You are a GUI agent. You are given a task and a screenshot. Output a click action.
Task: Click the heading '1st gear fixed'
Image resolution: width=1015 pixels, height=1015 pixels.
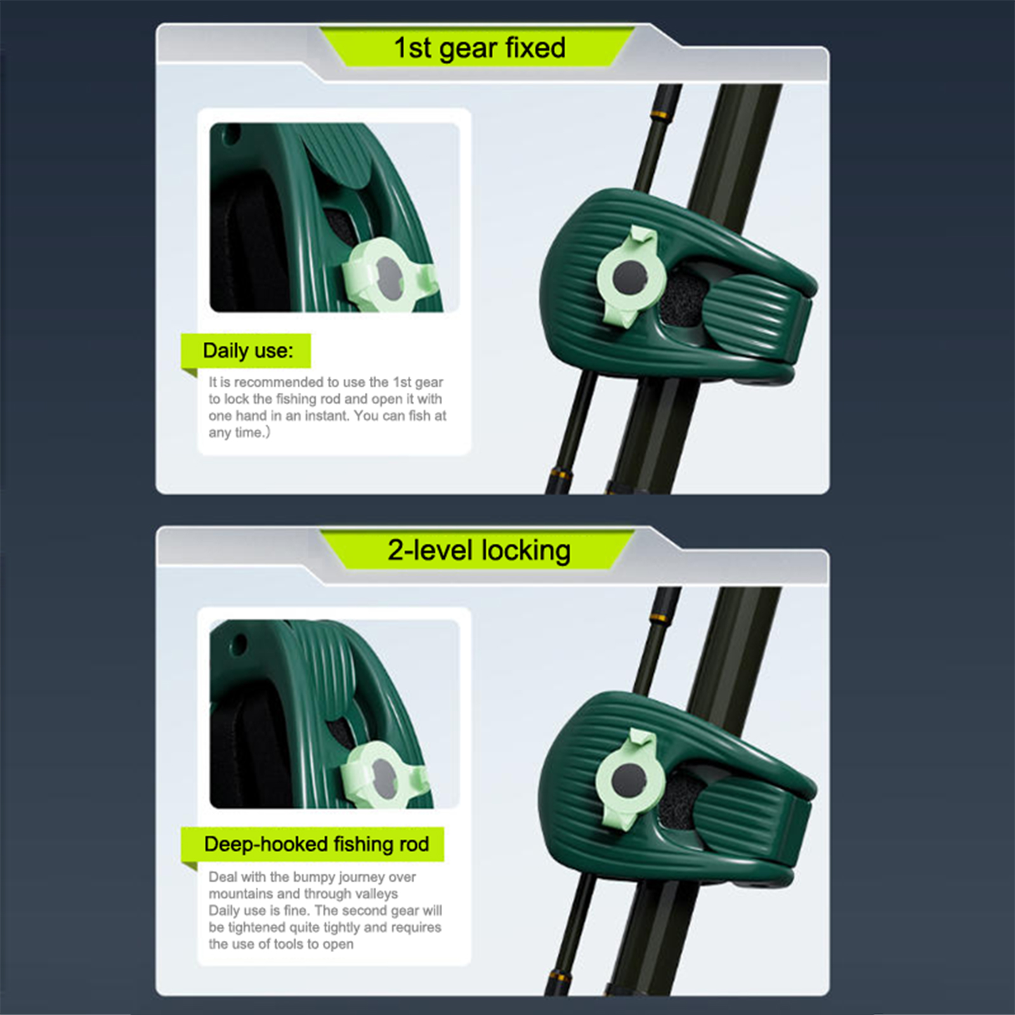[480, 48]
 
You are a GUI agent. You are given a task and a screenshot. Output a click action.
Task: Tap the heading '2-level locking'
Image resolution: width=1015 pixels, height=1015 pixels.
[479, 551]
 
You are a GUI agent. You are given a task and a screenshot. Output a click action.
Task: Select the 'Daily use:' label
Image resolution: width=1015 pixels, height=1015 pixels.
[248, 351]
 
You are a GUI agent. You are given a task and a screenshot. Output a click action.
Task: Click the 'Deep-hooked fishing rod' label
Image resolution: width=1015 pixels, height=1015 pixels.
[317, 844]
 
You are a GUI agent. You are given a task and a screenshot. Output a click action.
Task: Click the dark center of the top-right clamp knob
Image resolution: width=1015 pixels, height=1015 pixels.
[630, 277]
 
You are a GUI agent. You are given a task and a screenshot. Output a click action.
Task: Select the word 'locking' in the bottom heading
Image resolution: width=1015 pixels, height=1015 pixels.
[526, 551]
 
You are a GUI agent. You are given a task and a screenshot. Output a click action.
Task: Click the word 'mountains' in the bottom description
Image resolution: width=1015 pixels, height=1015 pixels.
[240, 894]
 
